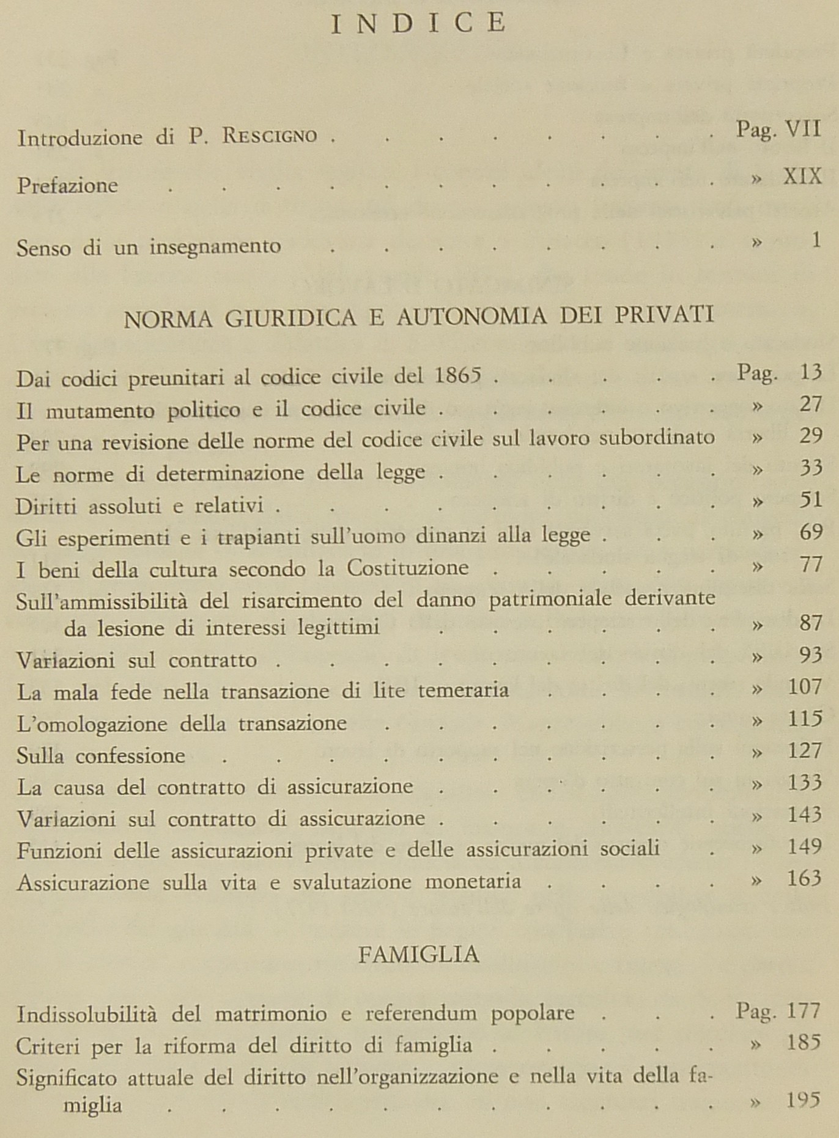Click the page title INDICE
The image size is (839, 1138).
pos(418,23)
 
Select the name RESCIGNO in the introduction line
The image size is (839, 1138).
pos(270,136)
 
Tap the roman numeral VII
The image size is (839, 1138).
pos(803,130)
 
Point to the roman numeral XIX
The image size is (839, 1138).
pos(802,177)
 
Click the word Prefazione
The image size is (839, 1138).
pos(67,185)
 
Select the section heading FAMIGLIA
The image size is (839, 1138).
pos(418,954)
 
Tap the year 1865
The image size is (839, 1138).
pos(458,374)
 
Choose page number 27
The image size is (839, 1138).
pos(810,404)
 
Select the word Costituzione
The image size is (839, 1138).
pos(408,568)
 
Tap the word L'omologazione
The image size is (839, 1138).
pos(92,724)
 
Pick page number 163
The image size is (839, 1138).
pos(804,879)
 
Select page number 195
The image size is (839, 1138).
pos(803,1100)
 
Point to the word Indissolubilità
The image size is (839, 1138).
pos(86,1014)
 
